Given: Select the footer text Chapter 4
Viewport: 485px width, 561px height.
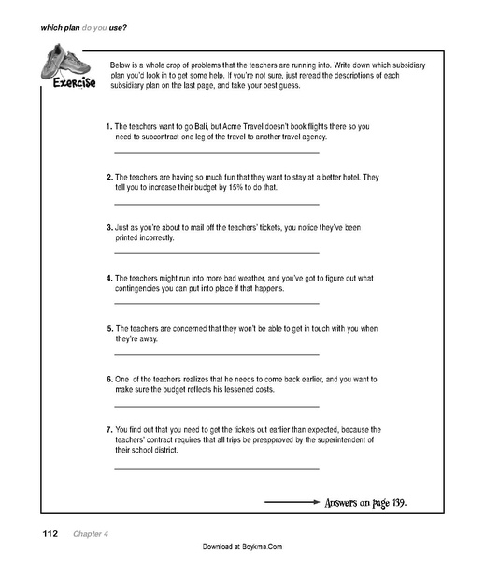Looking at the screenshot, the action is tap(87, 533).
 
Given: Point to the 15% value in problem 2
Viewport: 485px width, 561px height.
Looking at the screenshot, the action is tap(247, 187).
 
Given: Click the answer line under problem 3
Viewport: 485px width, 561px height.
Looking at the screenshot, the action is tap(216, 252).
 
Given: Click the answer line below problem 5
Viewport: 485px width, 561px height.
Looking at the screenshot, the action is tap(216, 353).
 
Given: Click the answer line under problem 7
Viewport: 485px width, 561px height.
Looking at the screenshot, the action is tap(216, 466).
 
